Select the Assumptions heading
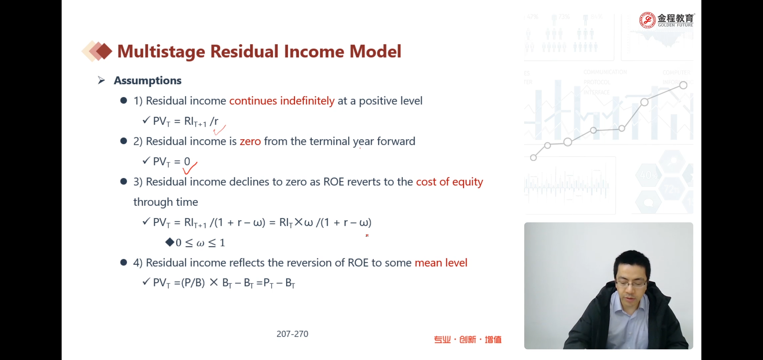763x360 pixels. (x=148, y=81)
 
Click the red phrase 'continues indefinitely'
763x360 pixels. (x=282, y=101)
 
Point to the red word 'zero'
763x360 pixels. (x=250, y=141)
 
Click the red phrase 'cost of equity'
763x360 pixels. (x=449, y=182)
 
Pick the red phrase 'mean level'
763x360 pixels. (x=441, y=263)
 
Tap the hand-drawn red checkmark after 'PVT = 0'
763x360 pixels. (x=190, y=168)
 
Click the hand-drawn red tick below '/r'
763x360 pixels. (x=220, y=130)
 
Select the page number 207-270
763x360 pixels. (x=292, y=334)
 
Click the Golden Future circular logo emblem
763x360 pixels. (x=647, y=20)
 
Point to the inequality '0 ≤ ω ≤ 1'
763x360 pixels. (x=200, y=243)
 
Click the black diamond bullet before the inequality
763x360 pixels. (x=170, y=242)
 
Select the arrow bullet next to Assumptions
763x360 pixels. (x=101, y=80)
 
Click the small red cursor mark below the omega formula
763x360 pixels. (x=367, y=235)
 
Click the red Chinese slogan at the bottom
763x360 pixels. (x=467, y=340)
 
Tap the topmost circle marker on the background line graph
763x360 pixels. (x=683, y=85)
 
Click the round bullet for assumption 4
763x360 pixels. (x=124, y=262)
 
